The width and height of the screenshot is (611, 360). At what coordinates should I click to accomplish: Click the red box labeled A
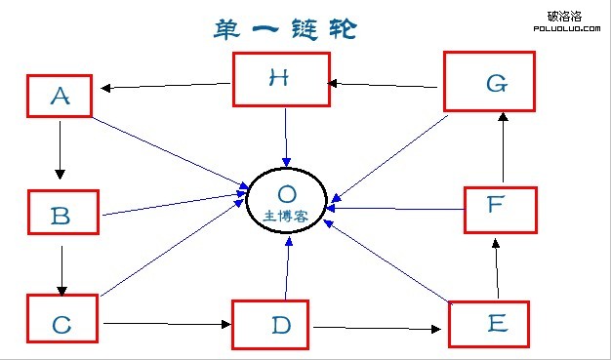pyautogui.click(x=61, y=96)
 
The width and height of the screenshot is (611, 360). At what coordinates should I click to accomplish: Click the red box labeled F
pyautogui.click(x=500, y=207)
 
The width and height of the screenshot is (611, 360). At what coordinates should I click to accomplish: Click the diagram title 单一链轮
pyautogui.click(x=283, y=29)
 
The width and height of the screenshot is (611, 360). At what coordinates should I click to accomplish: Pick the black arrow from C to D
pyautogui.click(x=166, y=323)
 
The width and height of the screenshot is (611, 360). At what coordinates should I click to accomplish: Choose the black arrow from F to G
pyautogui.click(x=503, y=146)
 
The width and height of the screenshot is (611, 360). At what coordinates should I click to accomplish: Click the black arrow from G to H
pyautogui.click(x=385, y=85)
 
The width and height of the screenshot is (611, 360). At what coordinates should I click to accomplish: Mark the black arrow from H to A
pyautogui.click(x=166, y=88)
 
